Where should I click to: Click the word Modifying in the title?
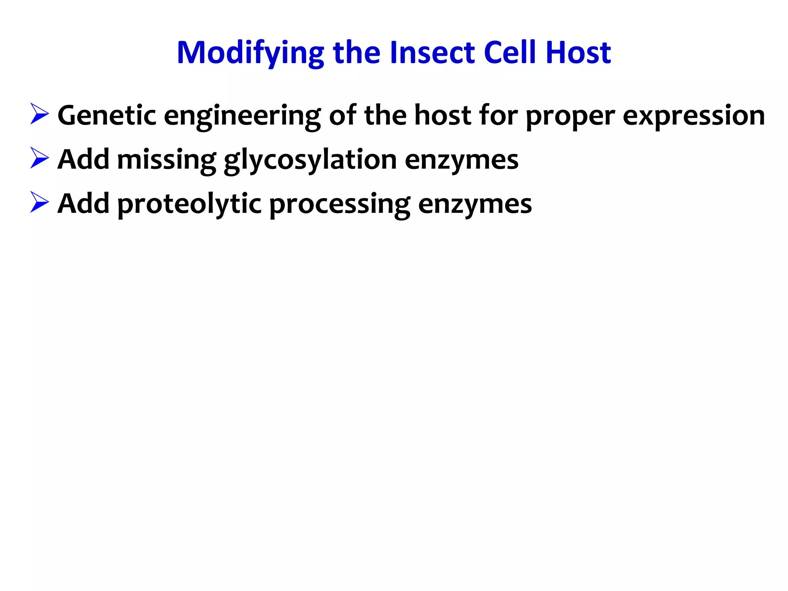250,53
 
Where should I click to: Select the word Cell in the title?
510,53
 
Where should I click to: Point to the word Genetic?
107,115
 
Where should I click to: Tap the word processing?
339,204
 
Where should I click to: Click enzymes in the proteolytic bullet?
475,204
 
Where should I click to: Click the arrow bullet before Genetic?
39,114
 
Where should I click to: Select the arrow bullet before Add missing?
39,158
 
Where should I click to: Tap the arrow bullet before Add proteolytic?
39,202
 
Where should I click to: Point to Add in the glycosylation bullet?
83,159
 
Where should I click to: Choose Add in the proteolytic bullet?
83,204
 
